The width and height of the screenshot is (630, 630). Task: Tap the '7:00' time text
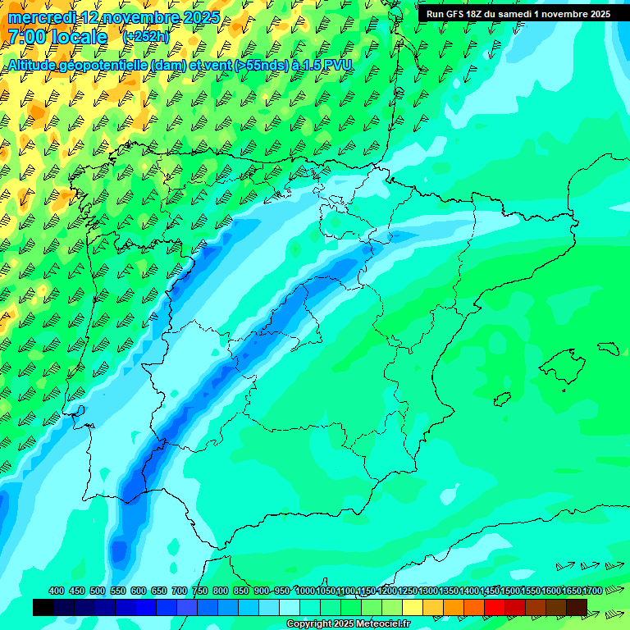(x=27, y=37)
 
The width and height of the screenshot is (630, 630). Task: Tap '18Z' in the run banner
(x=477, y=14)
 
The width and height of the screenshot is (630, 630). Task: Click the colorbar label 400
(x=57, y=591)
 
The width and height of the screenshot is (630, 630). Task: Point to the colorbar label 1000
(x=305, y=591)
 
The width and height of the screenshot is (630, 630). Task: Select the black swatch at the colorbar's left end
(x=43, y=607)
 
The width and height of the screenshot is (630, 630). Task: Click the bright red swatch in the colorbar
(x=495, y=607)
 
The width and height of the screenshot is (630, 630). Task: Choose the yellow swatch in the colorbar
(x=413, y=607)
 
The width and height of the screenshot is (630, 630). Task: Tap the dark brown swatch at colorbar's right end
(x=577, y=607)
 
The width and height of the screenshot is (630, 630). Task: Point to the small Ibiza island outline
(x=502, y=399)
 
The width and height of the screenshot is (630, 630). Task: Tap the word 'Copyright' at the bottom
(x=309, y=624)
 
